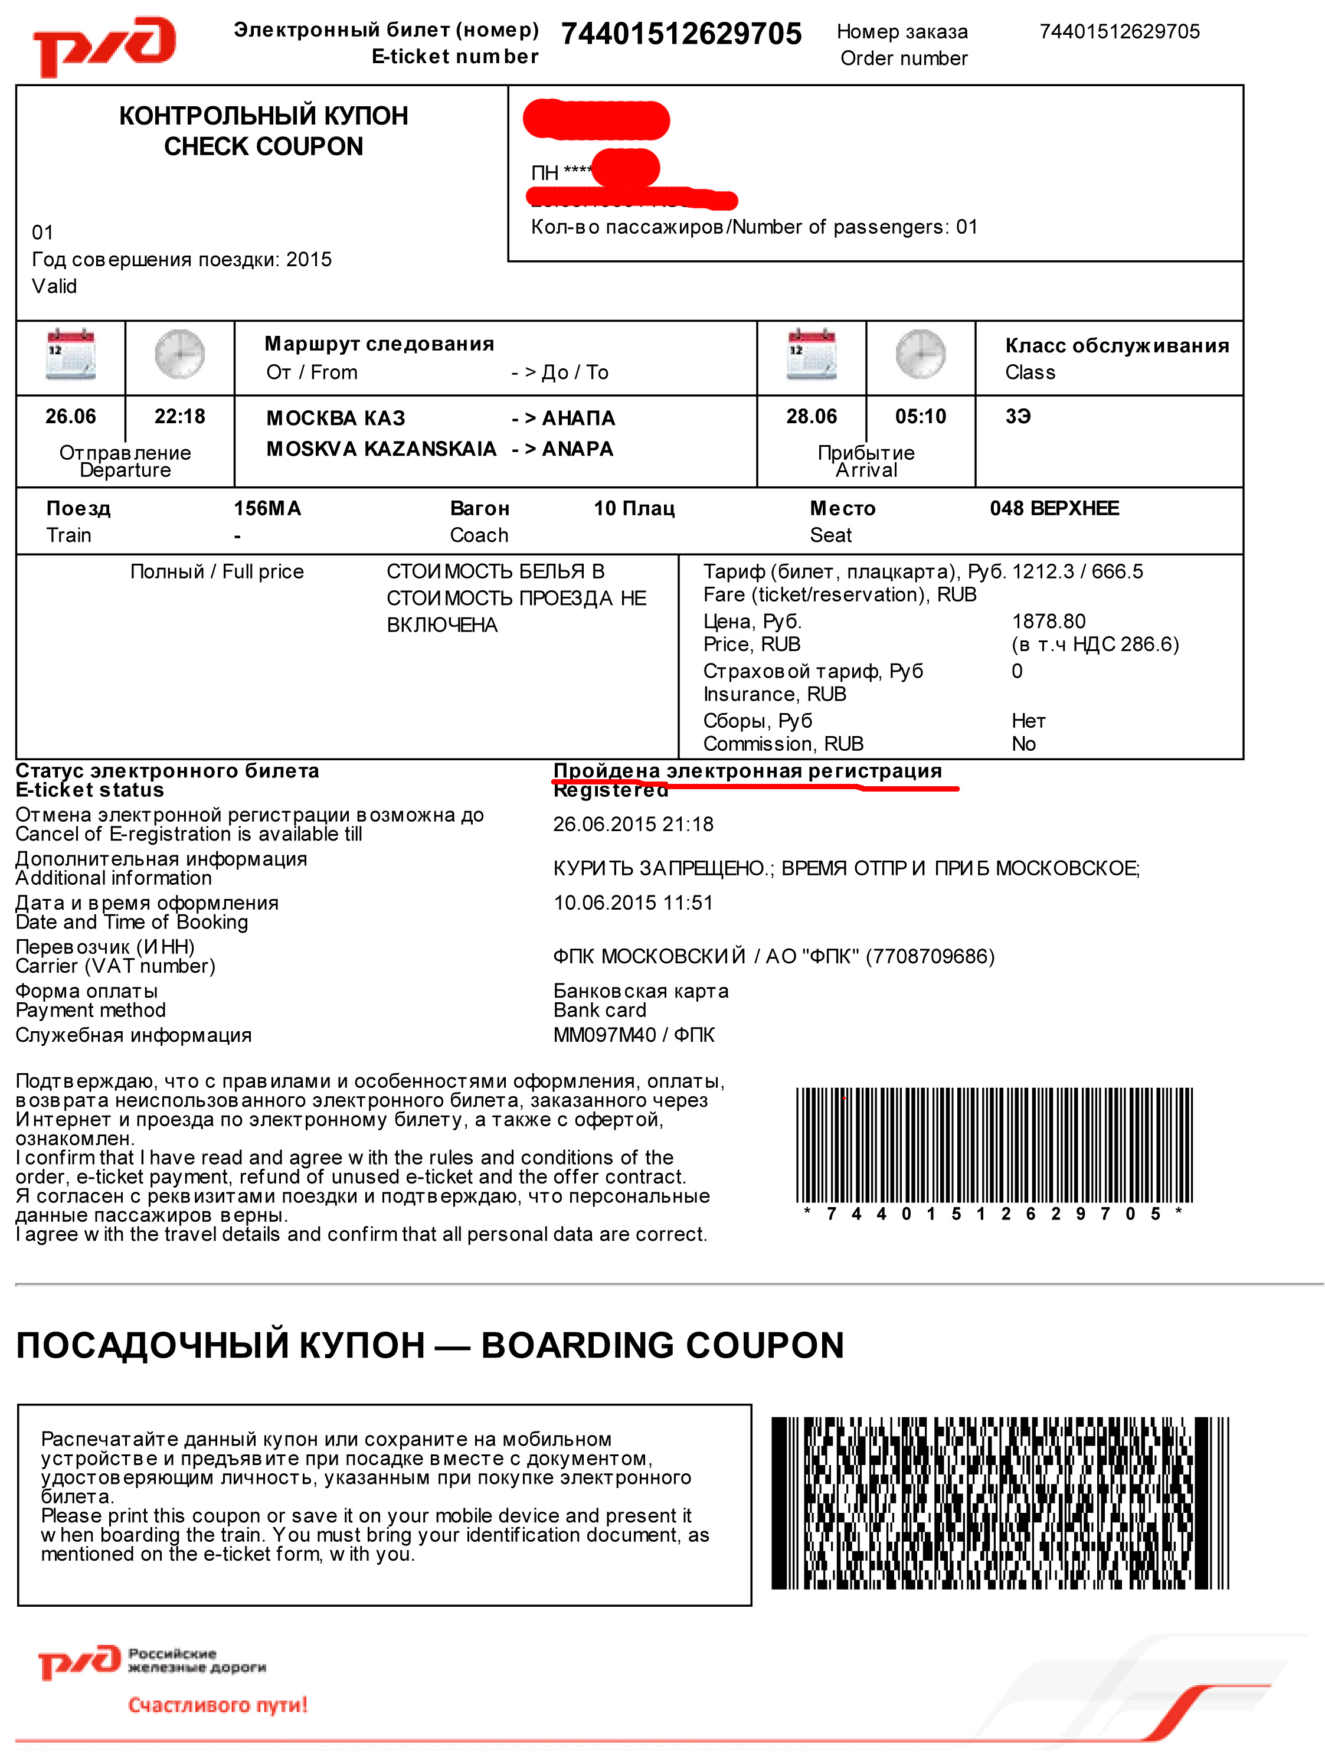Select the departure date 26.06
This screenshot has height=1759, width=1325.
(70, 416)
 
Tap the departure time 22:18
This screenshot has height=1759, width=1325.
(180, 416)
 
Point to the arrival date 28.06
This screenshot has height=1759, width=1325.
(811, 416)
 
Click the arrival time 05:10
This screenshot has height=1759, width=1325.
(920, 416)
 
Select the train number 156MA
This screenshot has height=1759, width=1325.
(267, 508)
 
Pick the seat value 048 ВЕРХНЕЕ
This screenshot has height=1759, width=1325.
(1054, 508)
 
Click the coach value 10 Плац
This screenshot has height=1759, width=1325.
(634, 508)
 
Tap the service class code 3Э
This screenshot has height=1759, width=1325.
(1018, 416)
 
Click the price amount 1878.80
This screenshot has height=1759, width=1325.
(1048, 621)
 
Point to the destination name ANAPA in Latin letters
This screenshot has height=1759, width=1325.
(577, 449)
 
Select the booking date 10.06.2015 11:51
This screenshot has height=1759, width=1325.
(633, 903)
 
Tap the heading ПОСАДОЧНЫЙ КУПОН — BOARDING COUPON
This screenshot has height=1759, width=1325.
(430, 1345)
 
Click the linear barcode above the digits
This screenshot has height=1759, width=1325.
(994, 1145)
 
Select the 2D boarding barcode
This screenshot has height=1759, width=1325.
(1000, 1502)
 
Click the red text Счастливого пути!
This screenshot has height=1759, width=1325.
(217, 1705)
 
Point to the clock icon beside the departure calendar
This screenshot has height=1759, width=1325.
(180, 354)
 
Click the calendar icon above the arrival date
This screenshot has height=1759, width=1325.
(811, 354)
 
